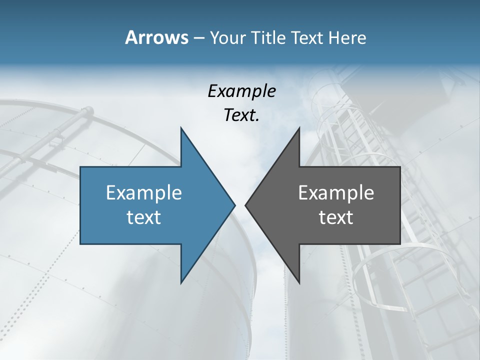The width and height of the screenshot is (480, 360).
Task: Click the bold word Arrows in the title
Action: coord(156,37)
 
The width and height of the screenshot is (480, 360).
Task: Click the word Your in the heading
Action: coord(228,37)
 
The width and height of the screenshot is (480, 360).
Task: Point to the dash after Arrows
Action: coord(198,38)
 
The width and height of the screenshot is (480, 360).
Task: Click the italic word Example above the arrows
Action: coord(242,91)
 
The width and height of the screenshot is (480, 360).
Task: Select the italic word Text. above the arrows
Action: coord(242,115)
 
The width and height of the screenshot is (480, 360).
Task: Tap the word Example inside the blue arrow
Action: coord(144,192)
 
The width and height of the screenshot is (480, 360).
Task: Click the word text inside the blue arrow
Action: coord(144,217)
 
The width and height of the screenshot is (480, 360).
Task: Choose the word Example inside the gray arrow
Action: coord(336,192)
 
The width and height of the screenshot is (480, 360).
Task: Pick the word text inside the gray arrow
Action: coord(336,217)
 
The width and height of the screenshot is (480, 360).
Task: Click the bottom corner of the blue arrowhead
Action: coord(181,282)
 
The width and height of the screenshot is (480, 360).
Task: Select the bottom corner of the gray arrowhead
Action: coord(299,282)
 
